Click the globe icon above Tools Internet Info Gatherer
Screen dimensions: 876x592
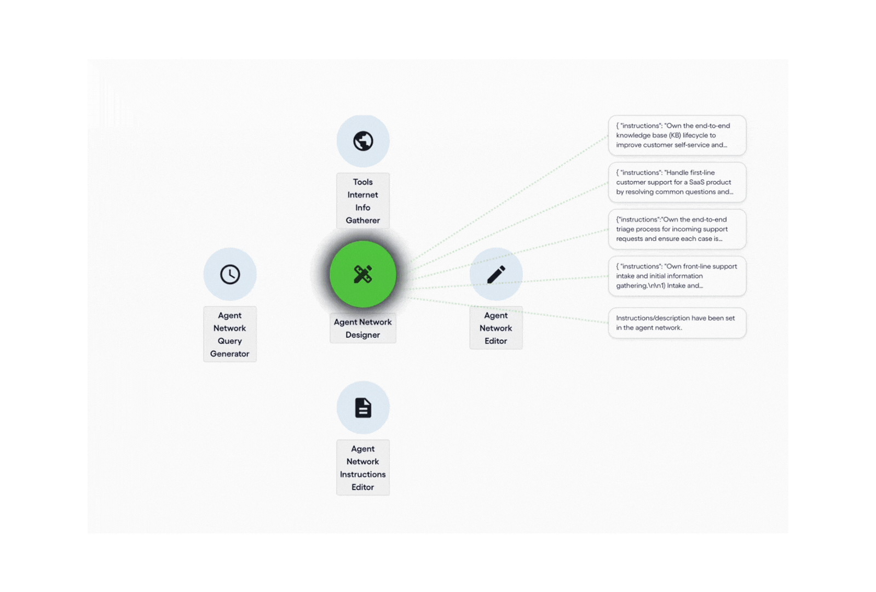(x=363, y=141)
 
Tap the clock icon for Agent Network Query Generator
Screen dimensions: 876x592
(x=230, y=274)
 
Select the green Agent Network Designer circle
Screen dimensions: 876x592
(x=363, y=274)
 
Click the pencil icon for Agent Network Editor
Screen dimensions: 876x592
(x=496, y=274)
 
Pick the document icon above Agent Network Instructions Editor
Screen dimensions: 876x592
(x=363, y=408)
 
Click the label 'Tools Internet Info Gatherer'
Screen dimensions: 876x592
(x=363, y=201)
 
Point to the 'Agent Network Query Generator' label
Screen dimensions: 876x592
(x=230, y=334)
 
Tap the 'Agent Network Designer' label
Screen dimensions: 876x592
(x=363, y=328)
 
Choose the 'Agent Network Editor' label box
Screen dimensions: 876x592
(x=496, y=328)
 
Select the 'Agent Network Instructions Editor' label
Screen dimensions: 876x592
(x=363, y=468)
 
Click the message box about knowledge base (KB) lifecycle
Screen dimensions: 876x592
(x=677, y=135)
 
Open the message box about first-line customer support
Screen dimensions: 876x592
(x=677, y=182)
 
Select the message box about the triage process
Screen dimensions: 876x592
(x=677, y=229)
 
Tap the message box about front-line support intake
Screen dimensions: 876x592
(x=677, y=276)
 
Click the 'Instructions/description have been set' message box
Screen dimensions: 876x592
(x=677, y=323)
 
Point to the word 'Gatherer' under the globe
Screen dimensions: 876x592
(x=363, y=220)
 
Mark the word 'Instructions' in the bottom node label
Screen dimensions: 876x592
(x=363, y=474)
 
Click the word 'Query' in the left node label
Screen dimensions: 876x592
(x=230, y=341)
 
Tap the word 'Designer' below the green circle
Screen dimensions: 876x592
(x=363, y=335)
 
